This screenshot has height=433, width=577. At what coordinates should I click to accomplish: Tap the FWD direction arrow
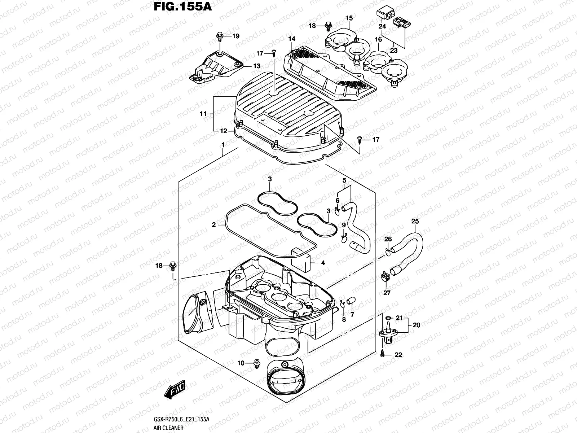tap(175, 388)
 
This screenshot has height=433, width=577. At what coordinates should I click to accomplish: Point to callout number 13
tap(256, 66)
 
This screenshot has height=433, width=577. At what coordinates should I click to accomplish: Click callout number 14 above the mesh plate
tap(291, 39)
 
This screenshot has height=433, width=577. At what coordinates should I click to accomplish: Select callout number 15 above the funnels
tap(349, 18)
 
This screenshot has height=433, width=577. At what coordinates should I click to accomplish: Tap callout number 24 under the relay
tap(382, 26)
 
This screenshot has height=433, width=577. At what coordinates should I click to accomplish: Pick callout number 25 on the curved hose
tap(415, 221)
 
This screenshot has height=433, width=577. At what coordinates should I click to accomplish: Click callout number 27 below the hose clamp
tap(387, 293)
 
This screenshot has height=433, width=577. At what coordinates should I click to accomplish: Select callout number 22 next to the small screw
tap(398, 355)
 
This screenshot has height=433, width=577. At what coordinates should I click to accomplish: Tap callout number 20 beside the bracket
tap(416, 325)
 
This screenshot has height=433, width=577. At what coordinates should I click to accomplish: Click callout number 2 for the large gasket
tap(213, 225)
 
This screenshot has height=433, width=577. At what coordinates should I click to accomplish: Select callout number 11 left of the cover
tap(203, 114)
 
